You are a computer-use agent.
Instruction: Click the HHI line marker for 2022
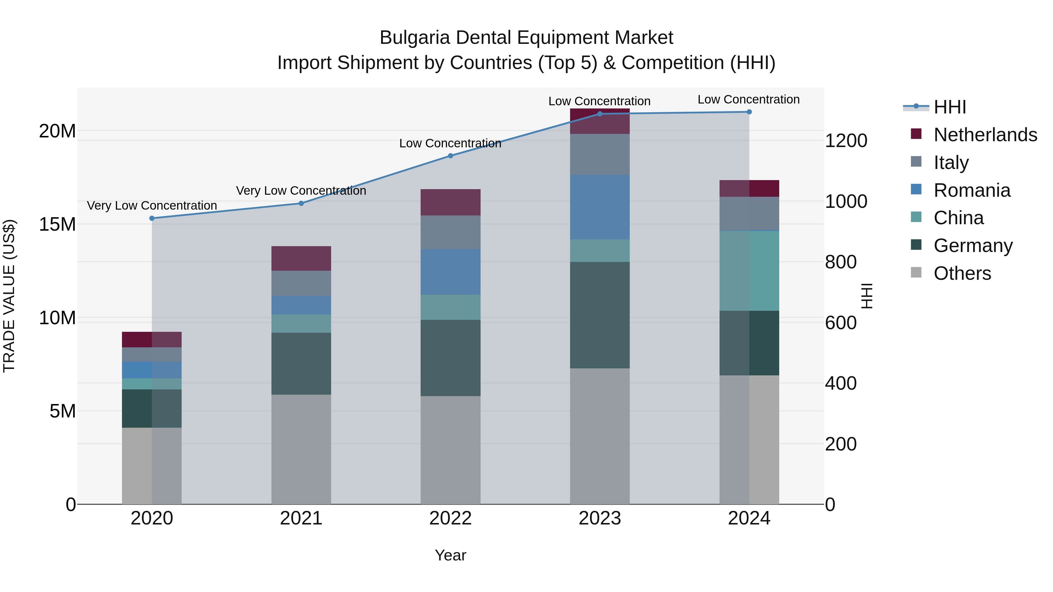click(450, 156)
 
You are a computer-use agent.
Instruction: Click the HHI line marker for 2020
click(152, 218)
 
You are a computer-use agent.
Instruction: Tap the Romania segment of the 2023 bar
click(600, 207)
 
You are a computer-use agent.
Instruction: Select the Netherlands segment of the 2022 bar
click(450, 202)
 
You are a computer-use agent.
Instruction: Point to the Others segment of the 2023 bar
click(600, 436)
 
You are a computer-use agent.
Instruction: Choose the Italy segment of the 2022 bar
click(450, 232)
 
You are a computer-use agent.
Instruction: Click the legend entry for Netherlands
click(985, 135)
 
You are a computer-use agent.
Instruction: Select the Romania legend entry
click(972, 190)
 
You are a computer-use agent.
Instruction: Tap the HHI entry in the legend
click(949, 107)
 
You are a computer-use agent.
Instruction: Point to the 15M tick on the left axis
click(57, 224)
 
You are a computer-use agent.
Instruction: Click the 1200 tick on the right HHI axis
click(846, 141)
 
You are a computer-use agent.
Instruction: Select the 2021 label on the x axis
click(301, 518)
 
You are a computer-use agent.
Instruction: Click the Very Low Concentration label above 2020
click(152, 206)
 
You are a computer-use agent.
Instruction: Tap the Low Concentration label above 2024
click(749, 99)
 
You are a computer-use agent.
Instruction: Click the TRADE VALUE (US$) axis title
click(9, 296)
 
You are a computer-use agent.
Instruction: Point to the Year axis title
click(450, 555)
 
